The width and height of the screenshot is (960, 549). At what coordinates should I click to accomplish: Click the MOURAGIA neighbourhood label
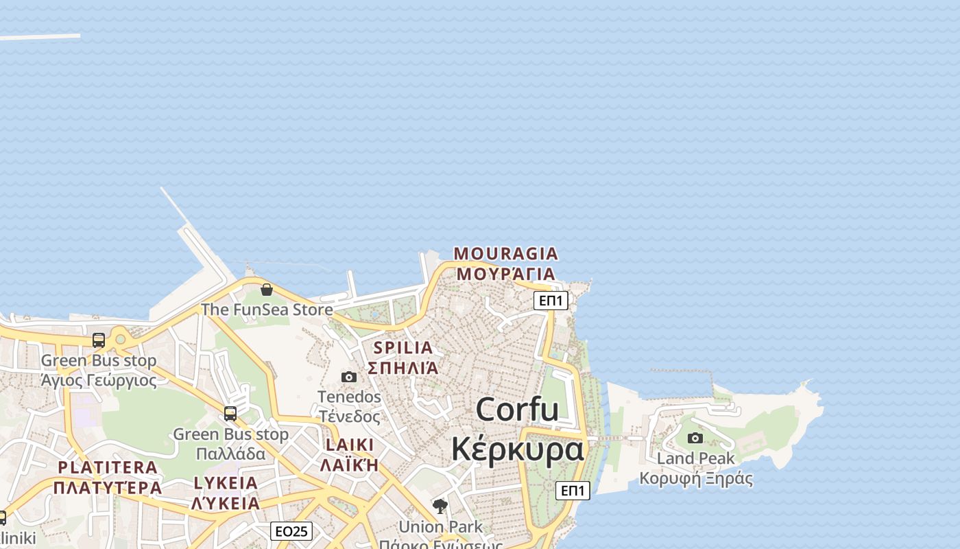(506, 254)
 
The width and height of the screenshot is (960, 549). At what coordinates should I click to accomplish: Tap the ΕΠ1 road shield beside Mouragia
(551, 300)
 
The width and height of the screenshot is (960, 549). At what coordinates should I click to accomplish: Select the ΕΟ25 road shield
(291, 531)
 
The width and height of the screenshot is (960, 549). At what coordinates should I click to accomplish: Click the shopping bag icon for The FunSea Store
(267, 290)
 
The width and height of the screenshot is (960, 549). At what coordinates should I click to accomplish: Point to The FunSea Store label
(267, 309)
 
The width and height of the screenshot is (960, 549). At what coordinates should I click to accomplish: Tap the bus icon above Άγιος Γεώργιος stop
(99, 340)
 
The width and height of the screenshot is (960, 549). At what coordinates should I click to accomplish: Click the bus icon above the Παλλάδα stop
(230, 414)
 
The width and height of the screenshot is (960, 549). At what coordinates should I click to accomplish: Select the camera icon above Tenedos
(349, 377)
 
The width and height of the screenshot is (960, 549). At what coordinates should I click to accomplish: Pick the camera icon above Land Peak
(695, 438)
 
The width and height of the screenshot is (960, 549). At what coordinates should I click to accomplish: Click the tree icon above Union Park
(440, 506)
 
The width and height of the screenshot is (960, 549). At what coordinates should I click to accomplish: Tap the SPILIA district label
(403, 347)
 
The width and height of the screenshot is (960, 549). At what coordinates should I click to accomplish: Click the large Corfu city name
(518, 410)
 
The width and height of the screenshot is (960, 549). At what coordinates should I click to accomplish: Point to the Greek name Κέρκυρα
(518, 449)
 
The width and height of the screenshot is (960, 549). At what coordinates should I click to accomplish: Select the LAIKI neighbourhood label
(350, 445)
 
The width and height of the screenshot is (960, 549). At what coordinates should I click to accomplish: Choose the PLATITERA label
(108, 467)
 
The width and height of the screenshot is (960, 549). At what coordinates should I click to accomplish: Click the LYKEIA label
(226, 482)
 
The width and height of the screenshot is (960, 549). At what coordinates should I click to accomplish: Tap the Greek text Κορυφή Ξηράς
(695, 478)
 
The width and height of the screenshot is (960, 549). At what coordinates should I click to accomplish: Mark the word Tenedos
(349, 397)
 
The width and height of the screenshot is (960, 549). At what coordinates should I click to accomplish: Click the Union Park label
(440, 527)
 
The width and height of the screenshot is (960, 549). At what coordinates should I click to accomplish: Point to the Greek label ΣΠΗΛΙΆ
(403, 368)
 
